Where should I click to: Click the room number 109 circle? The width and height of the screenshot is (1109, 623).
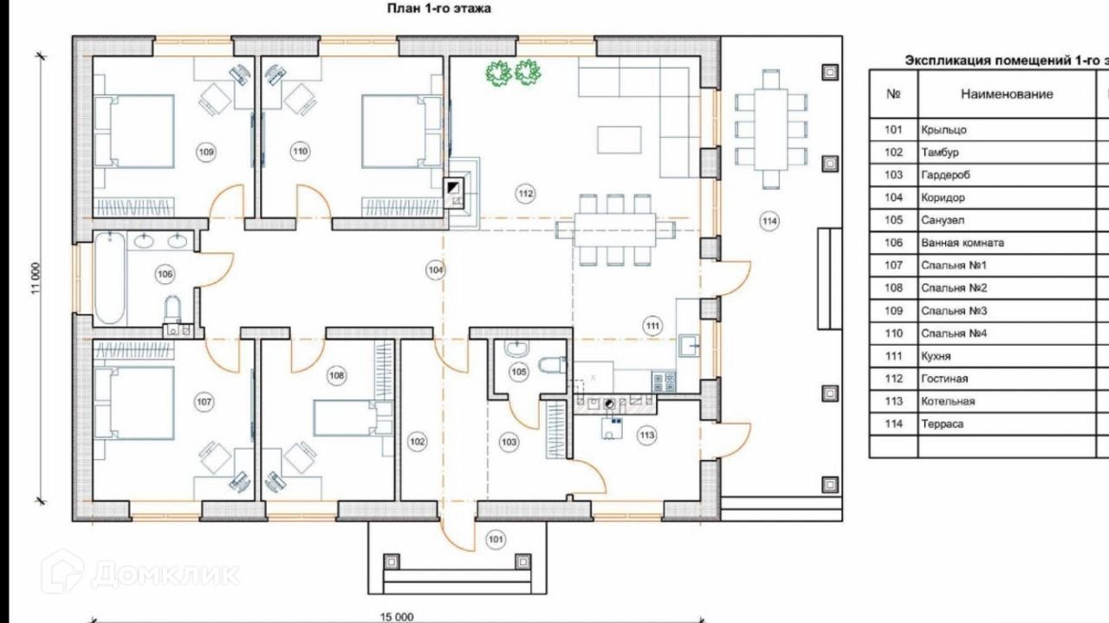pyautogui.click(x=206, y=152)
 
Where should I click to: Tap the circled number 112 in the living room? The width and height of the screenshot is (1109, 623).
pyautogui.click(x=525, y=193)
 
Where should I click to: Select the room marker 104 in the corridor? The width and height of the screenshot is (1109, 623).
pyautogui.click(x=435, y=269)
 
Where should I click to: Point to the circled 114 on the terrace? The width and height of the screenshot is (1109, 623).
pyautogui.click(x=769, y=221)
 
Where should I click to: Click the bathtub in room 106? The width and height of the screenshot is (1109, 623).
pyautogui.click(x=109, y=278)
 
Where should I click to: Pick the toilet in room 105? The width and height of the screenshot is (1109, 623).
pyautogui.click(x=552, y=366)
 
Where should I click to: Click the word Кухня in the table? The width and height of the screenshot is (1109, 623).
pyautogui.click(x=936, y=356)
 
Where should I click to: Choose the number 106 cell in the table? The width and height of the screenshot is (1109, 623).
pyautogui.click(x=893, y=243)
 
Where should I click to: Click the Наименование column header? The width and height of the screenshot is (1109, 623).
pyautogui.click(x=1007, y=94)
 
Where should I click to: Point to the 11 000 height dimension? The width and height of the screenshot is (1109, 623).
pyautogui.click(x=36, y=278)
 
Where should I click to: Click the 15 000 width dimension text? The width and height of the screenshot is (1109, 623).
pyautogui.click(x=397, y=617)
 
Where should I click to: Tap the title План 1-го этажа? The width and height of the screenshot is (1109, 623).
pyautogui.click(x=438, y=9)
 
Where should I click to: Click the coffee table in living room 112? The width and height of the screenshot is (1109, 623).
pyautogui.click(x=619, y=140)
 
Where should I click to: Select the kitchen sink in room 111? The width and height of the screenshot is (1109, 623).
pyautogui.click(x=688, y=345)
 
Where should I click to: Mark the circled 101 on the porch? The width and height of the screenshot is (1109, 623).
pyautogui.click(x=496, y=539)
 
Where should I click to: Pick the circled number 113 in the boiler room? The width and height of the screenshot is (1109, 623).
pyautogui.click(x=646, y=435)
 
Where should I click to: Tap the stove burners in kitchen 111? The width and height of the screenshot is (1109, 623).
pyautogui.click(x=664, y=381)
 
